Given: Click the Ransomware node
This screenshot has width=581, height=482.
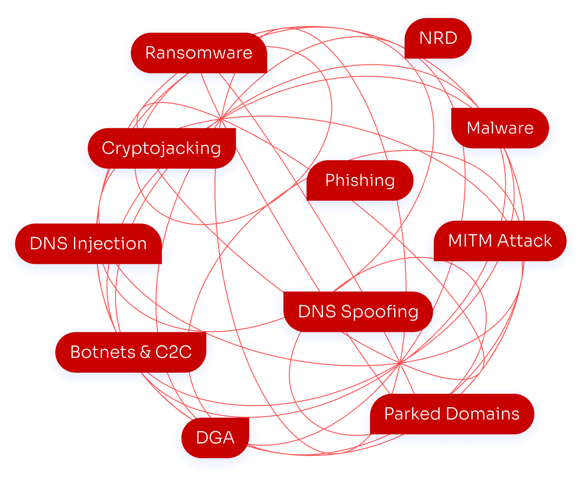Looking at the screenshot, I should click(199, 53).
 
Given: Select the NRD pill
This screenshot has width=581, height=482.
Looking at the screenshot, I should click(438, 38).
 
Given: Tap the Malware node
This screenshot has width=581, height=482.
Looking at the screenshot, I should click(500, 128).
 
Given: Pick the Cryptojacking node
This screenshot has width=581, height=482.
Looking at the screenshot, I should click(161, 148).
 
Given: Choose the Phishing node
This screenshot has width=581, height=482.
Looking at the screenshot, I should click(360, 180).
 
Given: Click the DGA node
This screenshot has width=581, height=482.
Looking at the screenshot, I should click(215, 438).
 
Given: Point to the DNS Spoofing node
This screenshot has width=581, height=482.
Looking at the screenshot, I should click(358, 312).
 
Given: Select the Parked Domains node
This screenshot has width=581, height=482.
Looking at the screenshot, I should click(452, 414).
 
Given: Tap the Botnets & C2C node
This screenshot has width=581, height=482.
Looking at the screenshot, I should click(131, 352).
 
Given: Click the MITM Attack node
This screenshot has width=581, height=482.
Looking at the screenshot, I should click(500, 240).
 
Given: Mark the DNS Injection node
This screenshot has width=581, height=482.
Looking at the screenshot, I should click(88, 243).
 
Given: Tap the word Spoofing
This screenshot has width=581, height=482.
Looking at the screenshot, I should click(380, 312).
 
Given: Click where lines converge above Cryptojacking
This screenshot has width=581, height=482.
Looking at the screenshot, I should click(220, 119).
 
